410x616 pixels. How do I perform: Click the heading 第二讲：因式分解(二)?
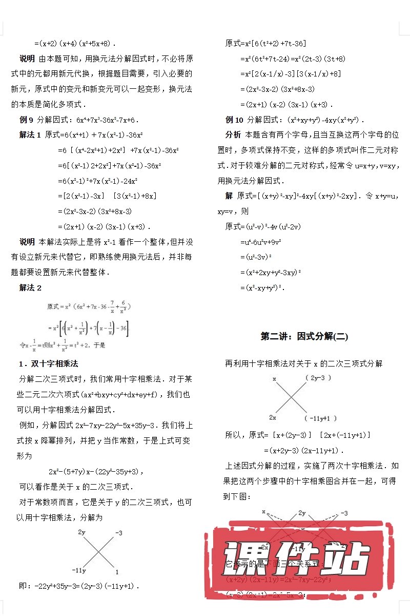tap(304, 337)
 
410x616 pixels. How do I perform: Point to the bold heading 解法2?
tap(30, 288)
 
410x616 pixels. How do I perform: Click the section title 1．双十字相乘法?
tap(48, 364)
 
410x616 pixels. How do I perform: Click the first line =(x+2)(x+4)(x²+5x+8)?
tap(75, 44)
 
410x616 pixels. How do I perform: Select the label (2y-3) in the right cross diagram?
tap(318, 378)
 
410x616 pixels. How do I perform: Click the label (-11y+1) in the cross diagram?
tap(321, 418)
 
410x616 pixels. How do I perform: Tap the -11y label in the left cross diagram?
tap(79, 570)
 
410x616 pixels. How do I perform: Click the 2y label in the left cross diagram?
tap(81, 532)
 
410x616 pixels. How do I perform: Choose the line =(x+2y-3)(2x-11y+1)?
tap(303, 450)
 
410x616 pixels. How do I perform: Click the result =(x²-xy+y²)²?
tap(262, 287)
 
